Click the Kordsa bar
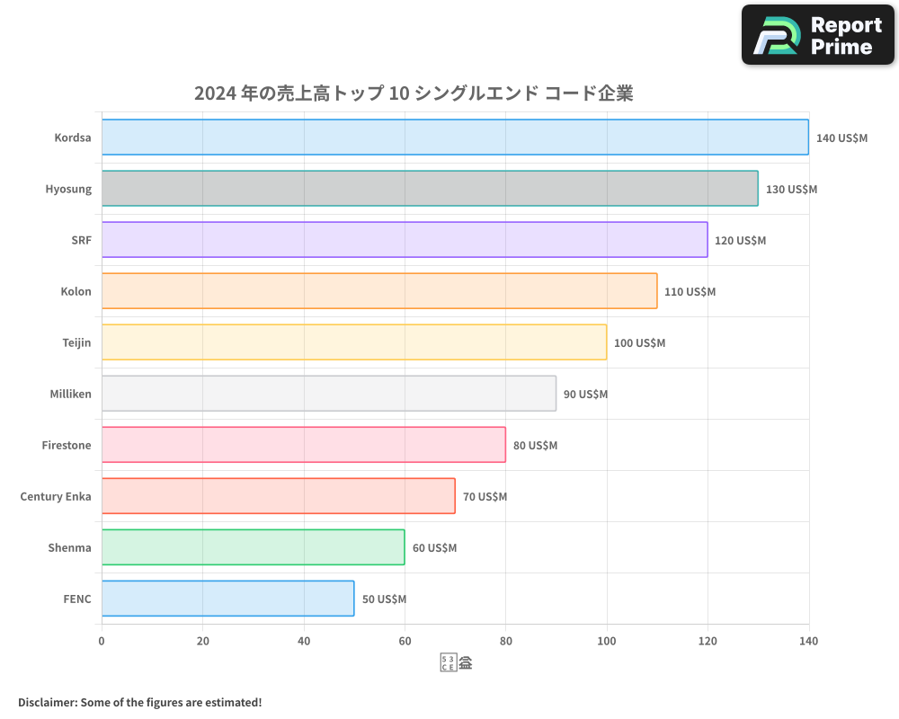coord(455,138)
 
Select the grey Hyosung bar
coord(430,189)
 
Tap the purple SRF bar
coord(405,240)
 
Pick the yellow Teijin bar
coord(354,342)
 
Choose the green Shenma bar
coord(253,547)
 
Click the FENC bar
coord(227,599)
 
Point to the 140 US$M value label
coord(841,138)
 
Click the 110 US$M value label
coord(690,292)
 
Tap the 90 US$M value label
coord(585,395)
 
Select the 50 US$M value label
coord(384,599)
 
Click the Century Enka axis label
coord(56,496)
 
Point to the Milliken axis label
coord(71,394)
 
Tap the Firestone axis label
coord(67,445)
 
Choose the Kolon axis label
coord(76,291)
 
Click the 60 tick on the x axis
coord(405,642)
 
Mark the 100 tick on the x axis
coord(607,642)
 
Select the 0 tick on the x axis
coord(102,642)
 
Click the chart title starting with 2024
coord(414,93)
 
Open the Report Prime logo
coord(818,35)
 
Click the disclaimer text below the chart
coord(140,702)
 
